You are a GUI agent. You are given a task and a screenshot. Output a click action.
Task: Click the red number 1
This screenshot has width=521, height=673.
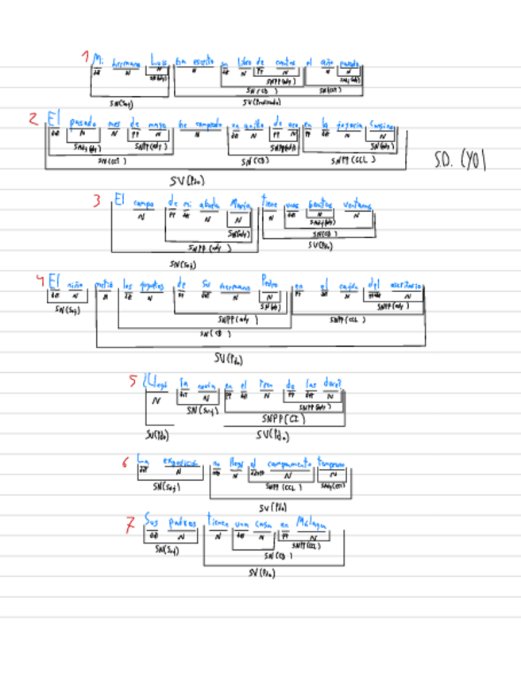tap(84, 57)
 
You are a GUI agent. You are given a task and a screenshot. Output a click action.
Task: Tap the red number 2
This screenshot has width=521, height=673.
tap(33, 119)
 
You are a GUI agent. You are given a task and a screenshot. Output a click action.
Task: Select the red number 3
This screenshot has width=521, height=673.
tap(96, 201)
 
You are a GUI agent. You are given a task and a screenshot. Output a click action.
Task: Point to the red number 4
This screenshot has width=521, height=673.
tap(39, 280)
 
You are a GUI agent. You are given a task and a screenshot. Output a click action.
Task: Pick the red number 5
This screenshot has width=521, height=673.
tap(133, 380)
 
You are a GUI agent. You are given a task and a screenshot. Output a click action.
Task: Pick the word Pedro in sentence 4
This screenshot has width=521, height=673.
tap(270, 283)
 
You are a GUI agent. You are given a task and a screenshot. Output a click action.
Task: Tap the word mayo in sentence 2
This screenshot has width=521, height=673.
tap(157, 124)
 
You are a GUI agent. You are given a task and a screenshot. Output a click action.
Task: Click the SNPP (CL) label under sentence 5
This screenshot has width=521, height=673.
tap(284, 418)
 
